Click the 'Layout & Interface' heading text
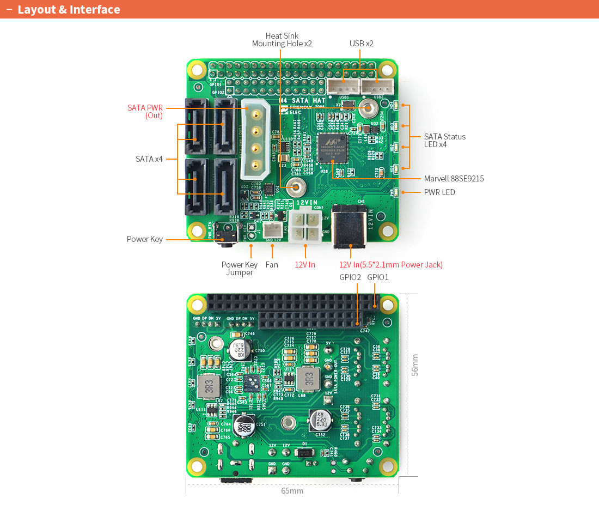[x=69, y=10]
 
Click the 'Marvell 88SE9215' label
[x=454, y=179]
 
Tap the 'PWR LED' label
[x=439, y=192]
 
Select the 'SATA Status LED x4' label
[x=445, y=141]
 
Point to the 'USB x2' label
[x=361, y=44]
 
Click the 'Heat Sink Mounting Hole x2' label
[x=282, y=40]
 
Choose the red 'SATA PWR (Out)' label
[x=145, y=112]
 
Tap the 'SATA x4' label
[x=149, y=159]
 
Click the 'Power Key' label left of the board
[x=145, y=239]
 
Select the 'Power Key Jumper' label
[x=240, y=269]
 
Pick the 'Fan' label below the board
[x=272, y=265]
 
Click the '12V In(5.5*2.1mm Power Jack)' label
[x=390, y=265]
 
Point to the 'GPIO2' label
[x=350, y=277]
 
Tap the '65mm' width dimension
[x=292, y=491]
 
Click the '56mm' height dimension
[x=415, y=365]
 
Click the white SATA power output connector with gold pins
[x=254, y=139]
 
